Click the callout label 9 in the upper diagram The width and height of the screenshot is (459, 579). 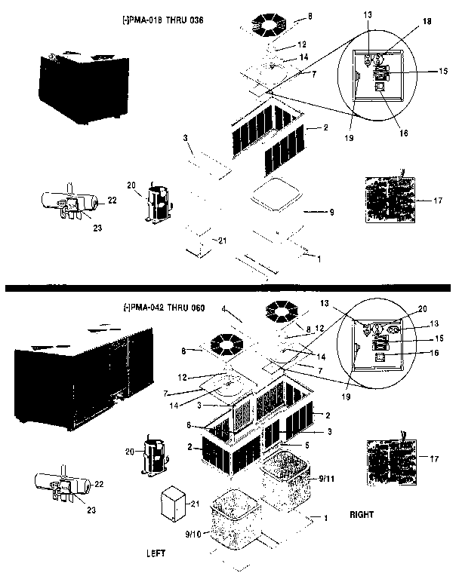coord(331,213)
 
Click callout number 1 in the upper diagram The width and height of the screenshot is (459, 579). coord(319,259)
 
